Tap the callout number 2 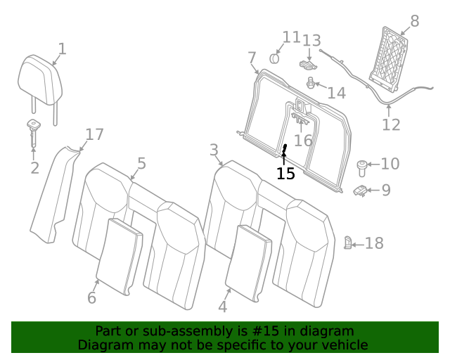point(34,168)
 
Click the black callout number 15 point(285,174)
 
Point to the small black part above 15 point(285,150)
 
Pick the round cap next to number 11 point(274,57)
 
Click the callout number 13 point(311,41)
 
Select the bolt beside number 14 point(310,84)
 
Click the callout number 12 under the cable point(391,125)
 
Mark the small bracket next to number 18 point(347,243)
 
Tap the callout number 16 point(303,141)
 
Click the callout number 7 point(252,57)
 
